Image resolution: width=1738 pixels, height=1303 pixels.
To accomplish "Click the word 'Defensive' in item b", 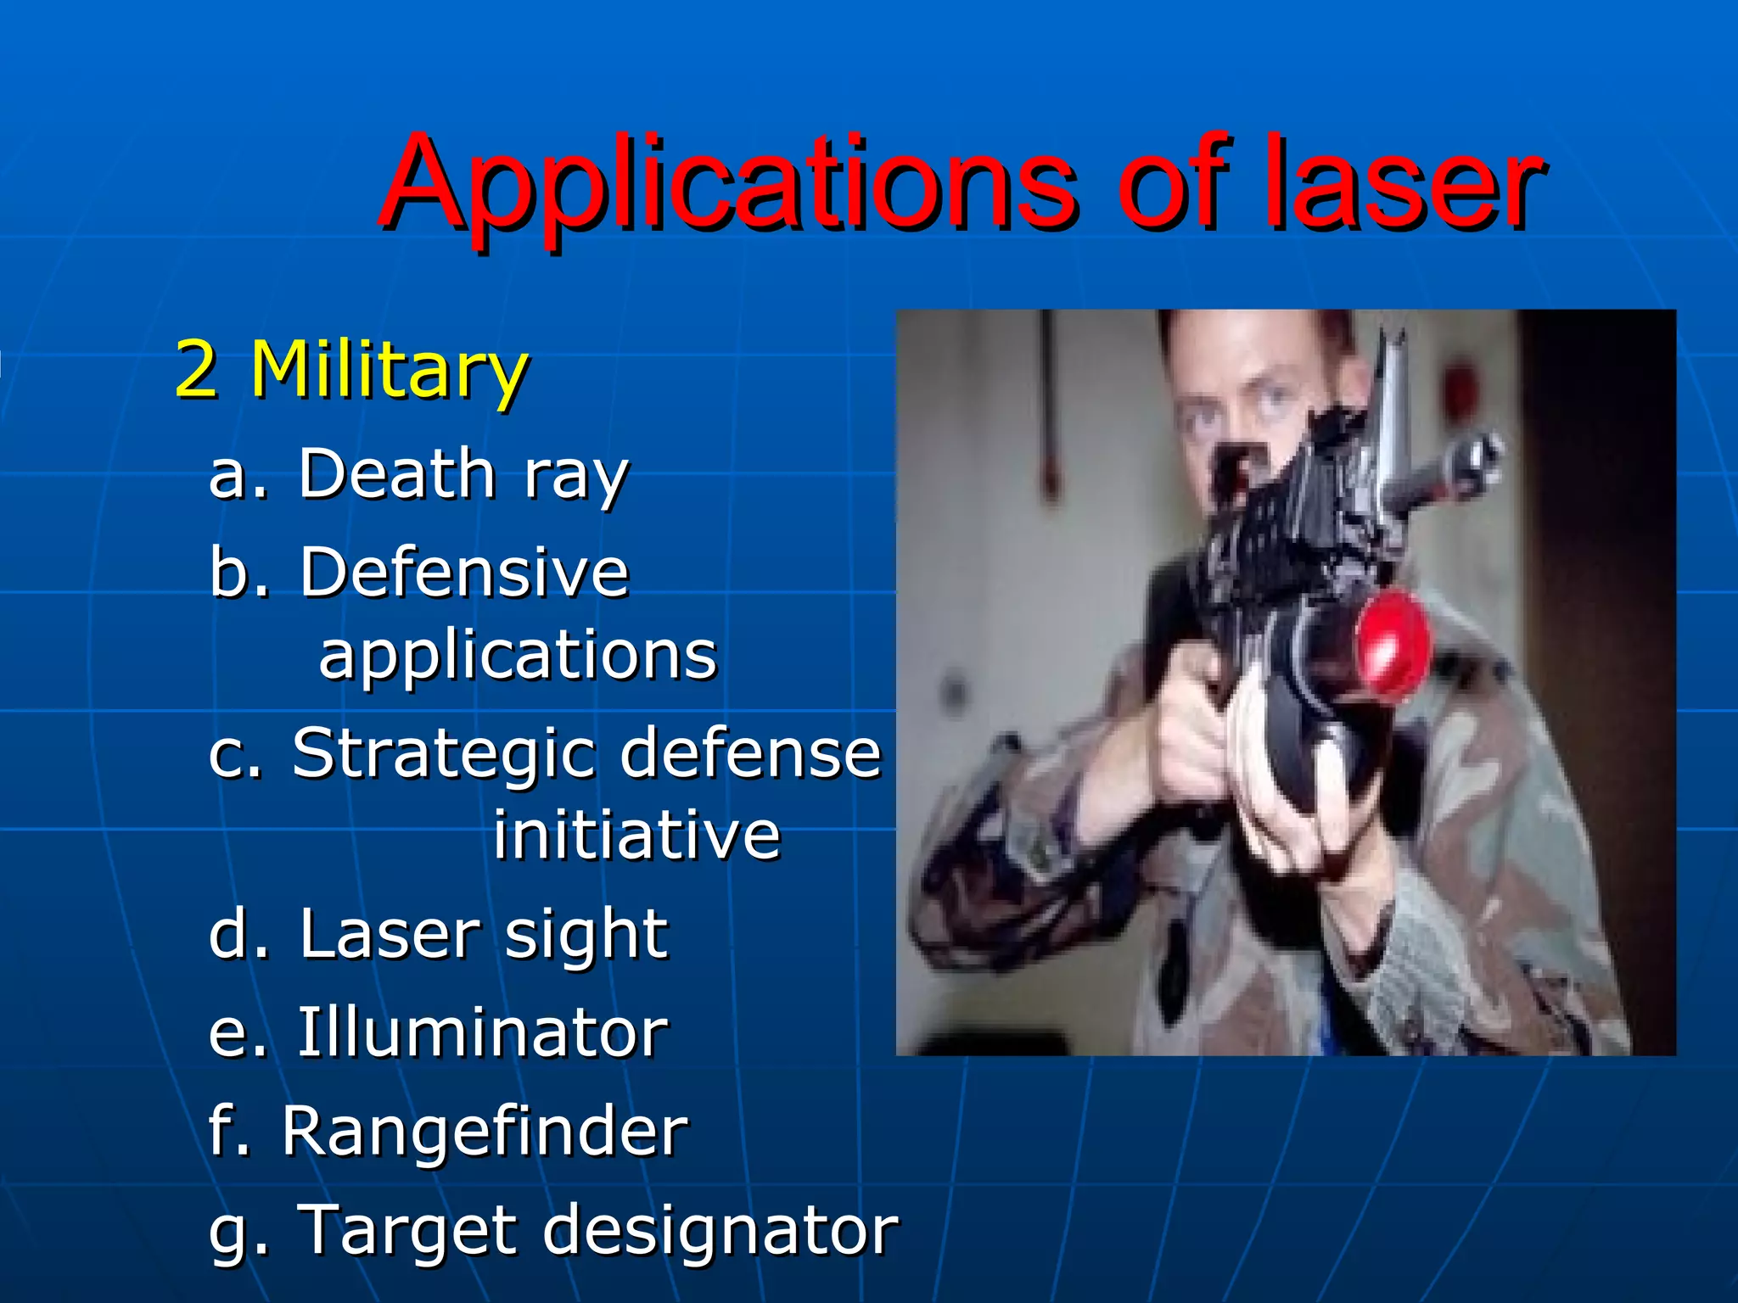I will click(464, 572).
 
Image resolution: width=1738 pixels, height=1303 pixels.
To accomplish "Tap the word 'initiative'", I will click(636, 835).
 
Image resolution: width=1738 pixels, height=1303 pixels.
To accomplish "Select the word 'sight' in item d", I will click(586, 933).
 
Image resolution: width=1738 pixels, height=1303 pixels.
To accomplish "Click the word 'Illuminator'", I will click(482, 1032).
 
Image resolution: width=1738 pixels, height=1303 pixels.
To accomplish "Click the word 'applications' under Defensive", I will click(518, 655).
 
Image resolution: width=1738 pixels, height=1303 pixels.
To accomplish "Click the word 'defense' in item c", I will click(750, 752).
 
